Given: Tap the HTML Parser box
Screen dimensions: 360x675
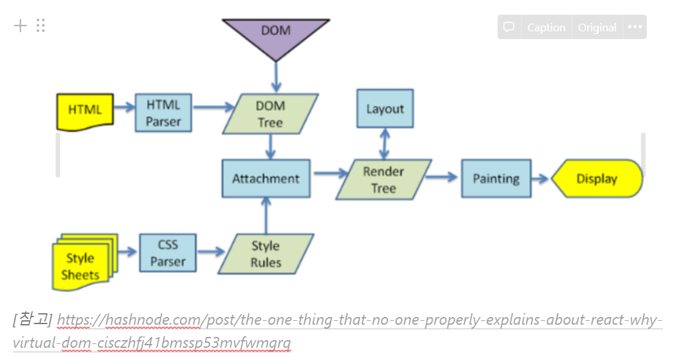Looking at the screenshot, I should tap(163, 113).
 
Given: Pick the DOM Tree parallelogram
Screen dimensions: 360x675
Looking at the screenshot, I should tap(270, 114).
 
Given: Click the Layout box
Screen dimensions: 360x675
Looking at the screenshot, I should tap(384, 109).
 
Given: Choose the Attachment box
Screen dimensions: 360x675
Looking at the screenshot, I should tap(266, 179).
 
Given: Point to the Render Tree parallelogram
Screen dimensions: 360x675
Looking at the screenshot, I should tap(383, 180).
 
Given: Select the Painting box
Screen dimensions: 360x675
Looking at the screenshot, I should tap(496, 179).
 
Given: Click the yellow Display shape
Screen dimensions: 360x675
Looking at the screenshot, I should tap(596, 179).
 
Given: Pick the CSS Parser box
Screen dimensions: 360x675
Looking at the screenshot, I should tap(168, 253).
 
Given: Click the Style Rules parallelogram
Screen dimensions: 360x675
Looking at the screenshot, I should tap(265, 254).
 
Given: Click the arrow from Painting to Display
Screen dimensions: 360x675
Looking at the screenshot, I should tap(541, 179).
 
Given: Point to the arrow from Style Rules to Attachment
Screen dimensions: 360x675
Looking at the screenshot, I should tap(266, 215).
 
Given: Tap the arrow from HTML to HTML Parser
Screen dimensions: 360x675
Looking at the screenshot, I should tap(124, 110).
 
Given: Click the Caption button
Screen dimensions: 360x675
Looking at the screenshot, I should tap(546, 28).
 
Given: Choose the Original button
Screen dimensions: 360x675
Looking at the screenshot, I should tap(597, 28).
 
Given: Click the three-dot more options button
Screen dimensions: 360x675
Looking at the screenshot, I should tap(635, 28).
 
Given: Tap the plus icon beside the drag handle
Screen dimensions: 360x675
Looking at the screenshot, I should tap(21, 26).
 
